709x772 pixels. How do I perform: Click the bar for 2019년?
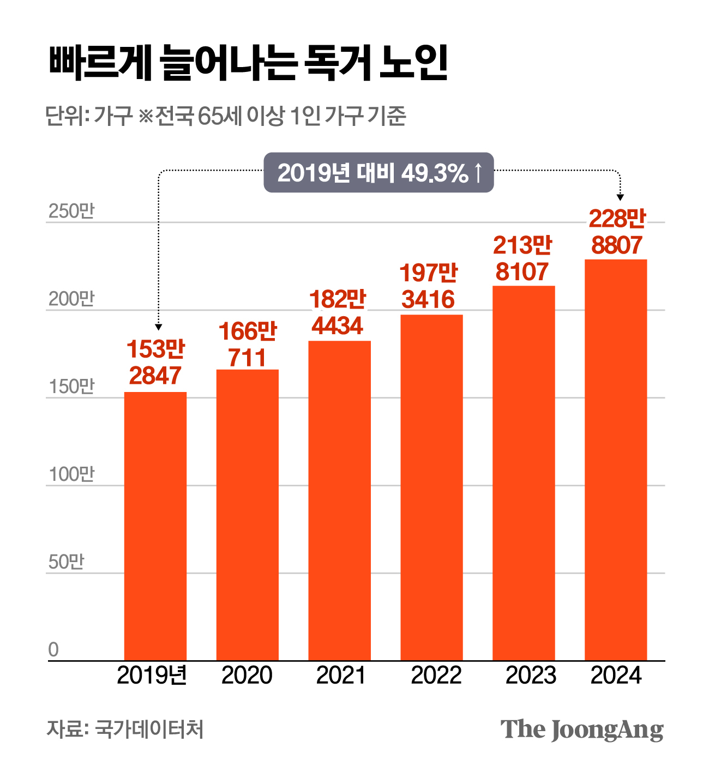155,526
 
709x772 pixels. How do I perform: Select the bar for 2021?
339,500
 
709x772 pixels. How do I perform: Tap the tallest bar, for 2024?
616,460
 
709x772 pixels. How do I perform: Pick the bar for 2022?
431,487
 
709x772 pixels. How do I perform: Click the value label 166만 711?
248,345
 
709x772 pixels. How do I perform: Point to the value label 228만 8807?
617,232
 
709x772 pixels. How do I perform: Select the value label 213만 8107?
522,258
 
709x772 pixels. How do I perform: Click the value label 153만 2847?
156,363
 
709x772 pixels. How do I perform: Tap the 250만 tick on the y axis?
71,211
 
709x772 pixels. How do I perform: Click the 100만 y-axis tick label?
71,474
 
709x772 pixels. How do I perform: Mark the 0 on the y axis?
53,650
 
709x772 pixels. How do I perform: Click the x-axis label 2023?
531,675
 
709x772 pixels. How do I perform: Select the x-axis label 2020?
247,675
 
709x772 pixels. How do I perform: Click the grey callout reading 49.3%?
378,173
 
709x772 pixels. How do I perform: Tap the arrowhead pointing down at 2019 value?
159,327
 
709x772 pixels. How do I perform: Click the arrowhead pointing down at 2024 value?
620,197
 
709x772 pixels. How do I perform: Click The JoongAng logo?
582,729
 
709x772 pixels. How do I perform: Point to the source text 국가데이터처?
149,729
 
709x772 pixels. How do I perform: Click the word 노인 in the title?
413,64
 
